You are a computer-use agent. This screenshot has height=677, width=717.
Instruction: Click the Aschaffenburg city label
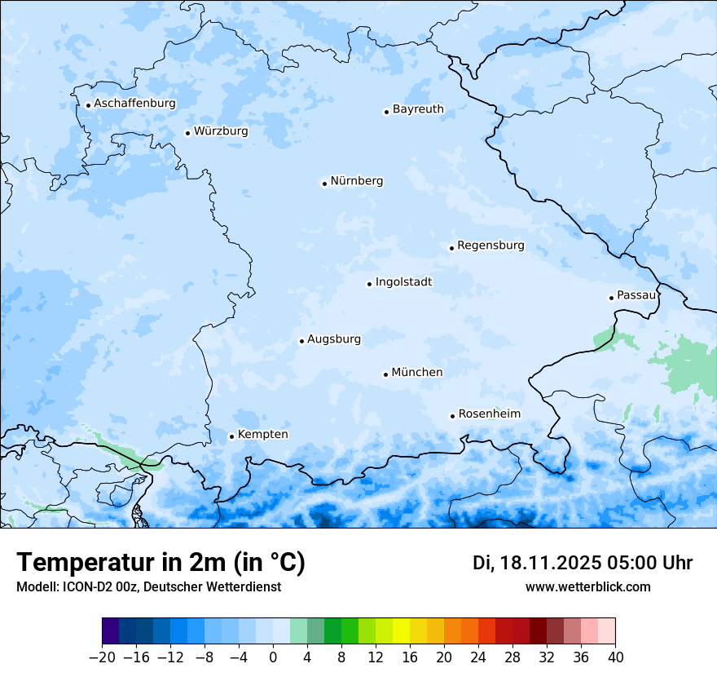pyautogui.click(x=134, y=104)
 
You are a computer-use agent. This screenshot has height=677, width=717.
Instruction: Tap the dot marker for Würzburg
pyautogui.click(x=187, y=133)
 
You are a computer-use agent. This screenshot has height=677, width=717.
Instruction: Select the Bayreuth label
pyautogui.click(x=418, y=109)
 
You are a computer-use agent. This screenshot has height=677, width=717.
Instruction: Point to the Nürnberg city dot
pyautogui.click(x=324, y=184)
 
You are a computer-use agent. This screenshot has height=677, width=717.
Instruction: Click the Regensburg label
pyautogui.click(x=490, y=246)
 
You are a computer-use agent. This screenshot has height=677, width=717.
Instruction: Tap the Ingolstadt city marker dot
pyautogui.click(x=369, y=284)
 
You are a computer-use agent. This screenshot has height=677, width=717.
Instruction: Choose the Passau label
pyautogui.click(x=636, y=295)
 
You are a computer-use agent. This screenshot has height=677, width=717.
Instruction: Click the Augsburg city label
pyautogui.click(x=334, y=339)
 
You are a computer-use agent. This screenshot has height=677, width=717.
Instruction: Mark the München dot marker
pyautogui.click(x=385, y=374)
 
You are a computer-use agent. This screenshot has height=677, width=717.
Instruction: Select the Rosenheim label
pyautogui.click(x=489, y=414)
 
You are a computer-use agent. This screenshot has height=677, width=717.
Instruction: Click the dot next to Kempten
pyautogui.click(x=231, y=436)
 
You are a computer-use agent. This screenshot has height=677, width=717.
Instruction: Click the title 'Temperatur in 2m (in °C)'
pyautogui.click(x=161, y=563)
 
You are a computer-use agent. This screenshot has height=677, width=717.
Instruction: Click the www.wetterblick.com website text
pyautogui.click(x=587, y=587)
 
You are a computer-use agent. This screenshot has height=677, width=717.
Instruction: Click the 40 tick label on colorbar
pyautogui.click(x=615, y=657)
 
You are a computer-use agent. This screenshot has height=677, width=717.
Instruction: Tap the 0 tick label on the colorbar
pyautogui.click(x=273, y=657)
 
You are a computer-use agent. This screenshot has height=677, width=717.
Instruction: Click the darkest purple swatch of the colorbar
pyautogui.click(x=110, y=631)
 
